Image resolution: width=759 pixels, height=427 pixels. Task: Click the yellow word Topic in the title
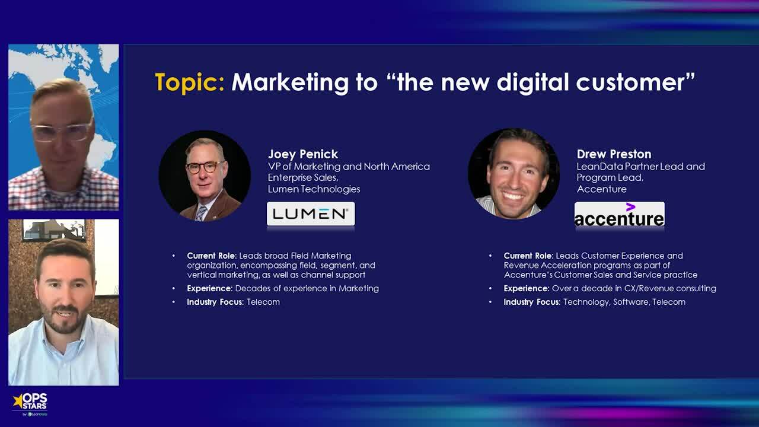pyautogui.click(x=189, y=82)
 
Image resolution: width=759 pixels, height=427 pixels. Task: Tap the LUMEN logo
pyautogui.click(x=311, y=213)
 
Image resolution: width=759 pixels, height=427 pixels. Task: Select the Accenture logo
pyautogui.click(x=619, y=215)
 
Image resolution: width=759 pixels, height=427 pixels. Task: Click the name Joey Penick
pyautogui.click(x=302, y=154)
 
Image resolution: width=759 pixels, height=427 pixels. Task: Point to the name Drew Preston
pyautogui.click(x=614, y=154)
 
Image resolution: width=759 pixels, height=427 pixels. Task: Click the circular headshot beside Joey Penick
pyautogui.click(x=205, y=176)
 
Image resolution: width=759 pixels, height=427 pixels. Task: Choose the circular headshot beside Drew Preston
pyautogui.click(x=514, y=174)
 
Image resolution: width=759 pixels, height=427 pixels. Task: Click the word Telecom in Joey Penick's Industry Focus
pyautogui.click(x=263, y=302)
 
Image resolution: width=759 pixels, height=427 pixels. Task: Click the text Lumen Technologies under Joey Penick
pyautogui.click(x=314, y=189)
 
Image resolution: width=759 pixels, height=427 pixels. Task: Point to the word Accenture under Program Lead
pyautogui.click(x=601, y=189)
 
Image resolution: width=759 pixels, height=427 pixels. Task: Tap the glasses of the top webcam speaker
pyautogui.click(x=61, y=132)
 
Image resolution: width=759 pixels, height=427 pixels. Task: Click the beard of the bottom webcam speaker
pyautogui.click(x=63, y=320)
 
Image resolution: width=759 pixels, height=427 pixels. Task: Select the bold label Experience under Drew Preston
pyautogui.click(x=526, y=288)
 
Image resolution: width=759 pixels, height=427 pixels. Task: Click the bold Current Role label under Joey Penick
pyautogui.click(x=211, y=256)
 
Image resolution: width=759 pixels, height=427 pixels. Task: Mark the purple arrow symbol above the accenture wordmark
pyautogui.click(x=630, y=207)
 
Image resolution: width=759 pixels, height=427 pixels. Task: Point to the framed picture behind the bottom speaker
pyautogui.click(x=53, y=230)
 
